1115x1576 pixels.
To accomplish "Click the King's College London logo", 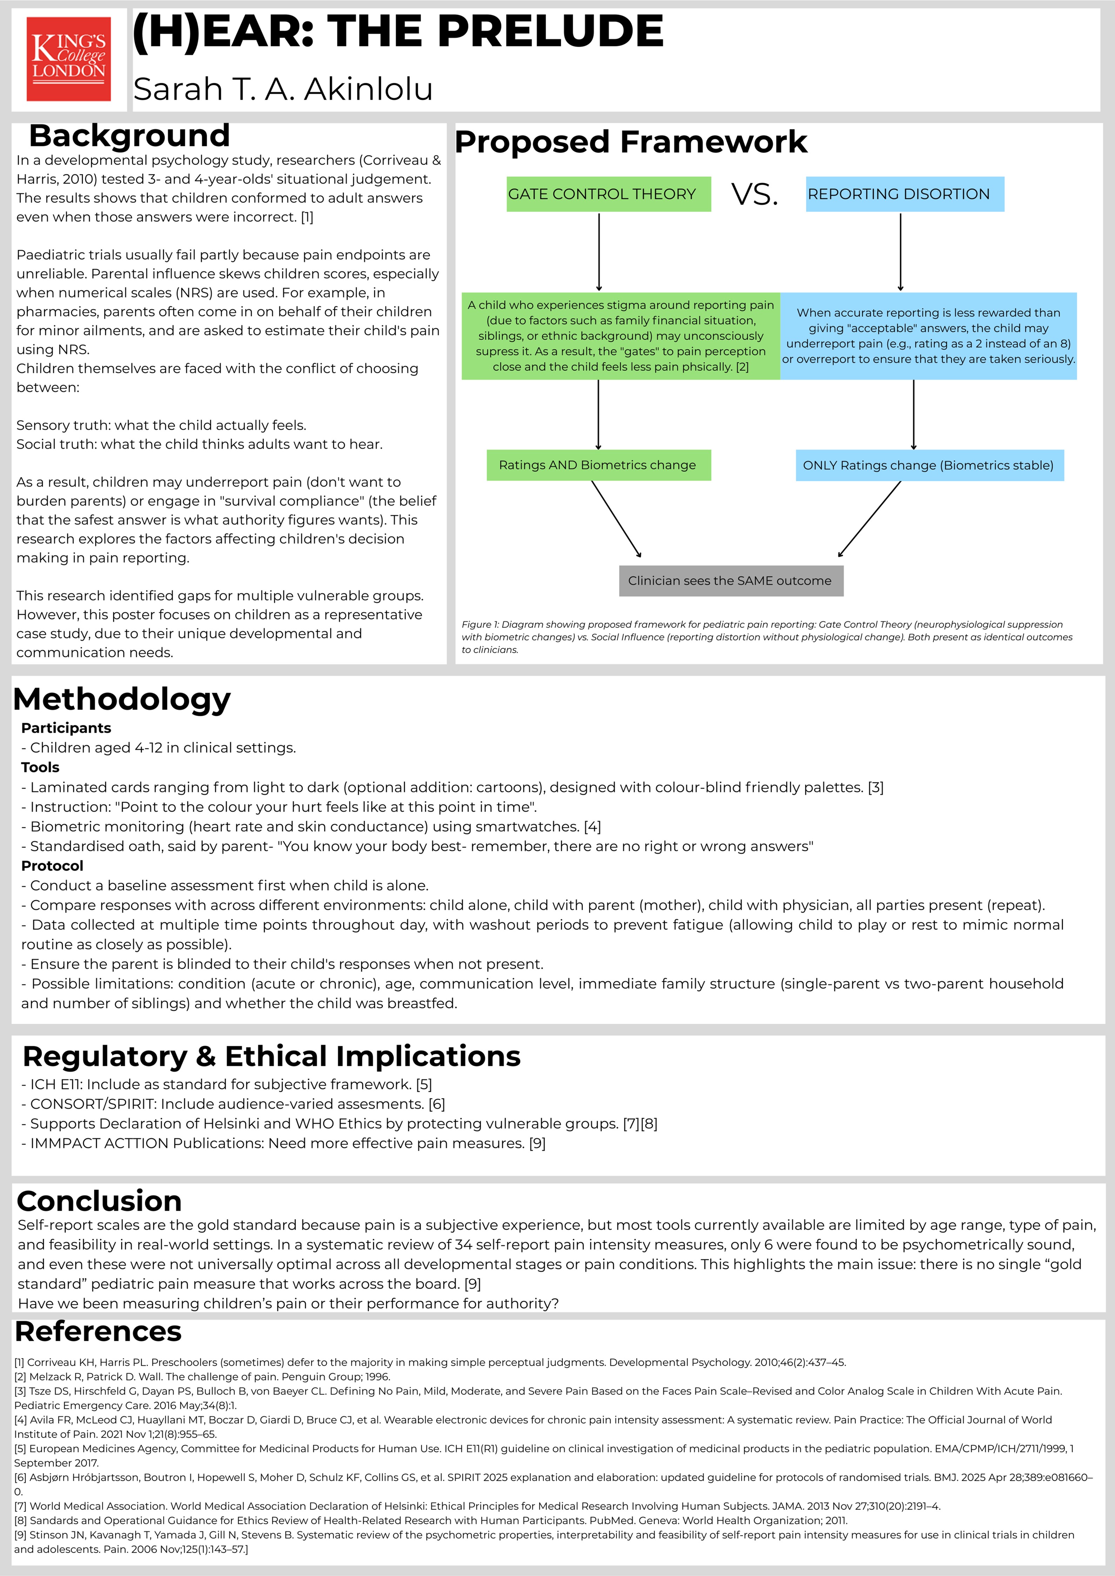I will (69, 59).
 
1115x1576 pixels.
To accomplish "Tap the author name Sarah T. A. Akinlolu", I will (283, 89).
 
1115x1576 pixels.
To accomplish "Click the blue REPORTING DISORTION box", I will (904, 194).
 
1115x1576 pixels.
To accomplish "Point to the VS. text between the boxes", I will (754, 194).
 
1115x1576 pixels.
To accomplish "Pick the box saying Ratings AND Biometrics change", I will (598, 465).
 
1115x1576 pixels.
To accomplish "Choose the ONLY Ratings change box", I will (929, 465).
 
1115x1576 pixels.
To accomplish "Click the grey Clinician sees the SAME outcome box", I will (731, 581).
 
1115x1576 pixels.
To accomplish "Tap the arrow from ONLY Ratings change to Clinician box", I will (869, 519).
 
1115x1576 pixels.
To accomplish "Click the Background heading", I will (129, 136).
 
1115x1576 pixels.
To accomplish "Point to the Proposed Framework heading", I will (630, 142).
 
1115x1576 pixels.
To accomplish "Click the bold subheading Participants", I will (66, 728).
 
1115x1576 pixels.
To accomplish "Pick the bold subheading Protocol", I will (52, 866).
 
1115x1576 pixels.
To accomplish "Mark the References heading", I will (98, 1332).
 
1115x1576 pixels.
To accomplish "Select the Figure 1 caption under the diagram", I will (767, 637).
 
